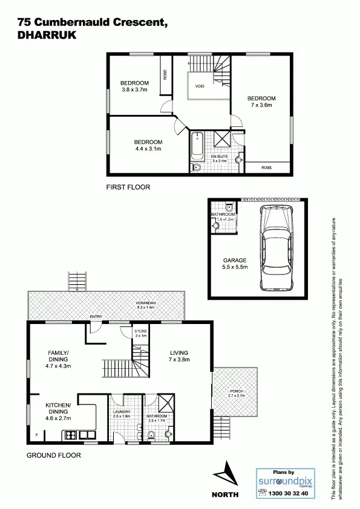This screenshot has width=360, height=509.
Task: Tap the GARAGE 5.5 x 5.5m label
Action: click(234, 264)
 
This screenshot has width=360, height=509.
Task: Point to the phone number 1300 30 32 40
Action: click(288, 493)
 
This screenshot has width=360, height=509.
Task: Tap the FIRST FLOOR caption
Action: click(128, 187)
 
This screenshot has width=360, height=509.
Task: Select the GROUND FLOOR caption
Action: click(54, 455)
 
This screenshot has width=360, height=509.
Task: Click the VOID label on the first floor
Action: click(200, 86)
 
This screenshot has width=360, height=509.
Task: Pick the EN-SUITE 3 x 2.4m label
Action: click(218, 159)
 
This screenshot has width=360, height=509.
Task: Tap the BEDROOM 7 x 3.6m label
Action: click(261, 102)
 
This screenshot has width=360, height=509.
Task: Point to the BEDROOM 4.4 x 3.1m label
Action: click(148, 144)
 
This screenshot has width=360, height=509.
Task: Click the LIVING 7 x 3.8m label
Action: click(179, 356)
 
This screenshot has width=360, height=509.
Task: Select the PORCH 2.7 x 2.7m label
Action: click(236, 394)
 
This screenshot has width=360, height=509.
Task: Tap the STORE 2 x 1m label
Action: click(141, 333)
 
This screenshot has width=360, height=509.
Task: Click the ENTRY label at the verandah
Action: click(96, 317)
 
